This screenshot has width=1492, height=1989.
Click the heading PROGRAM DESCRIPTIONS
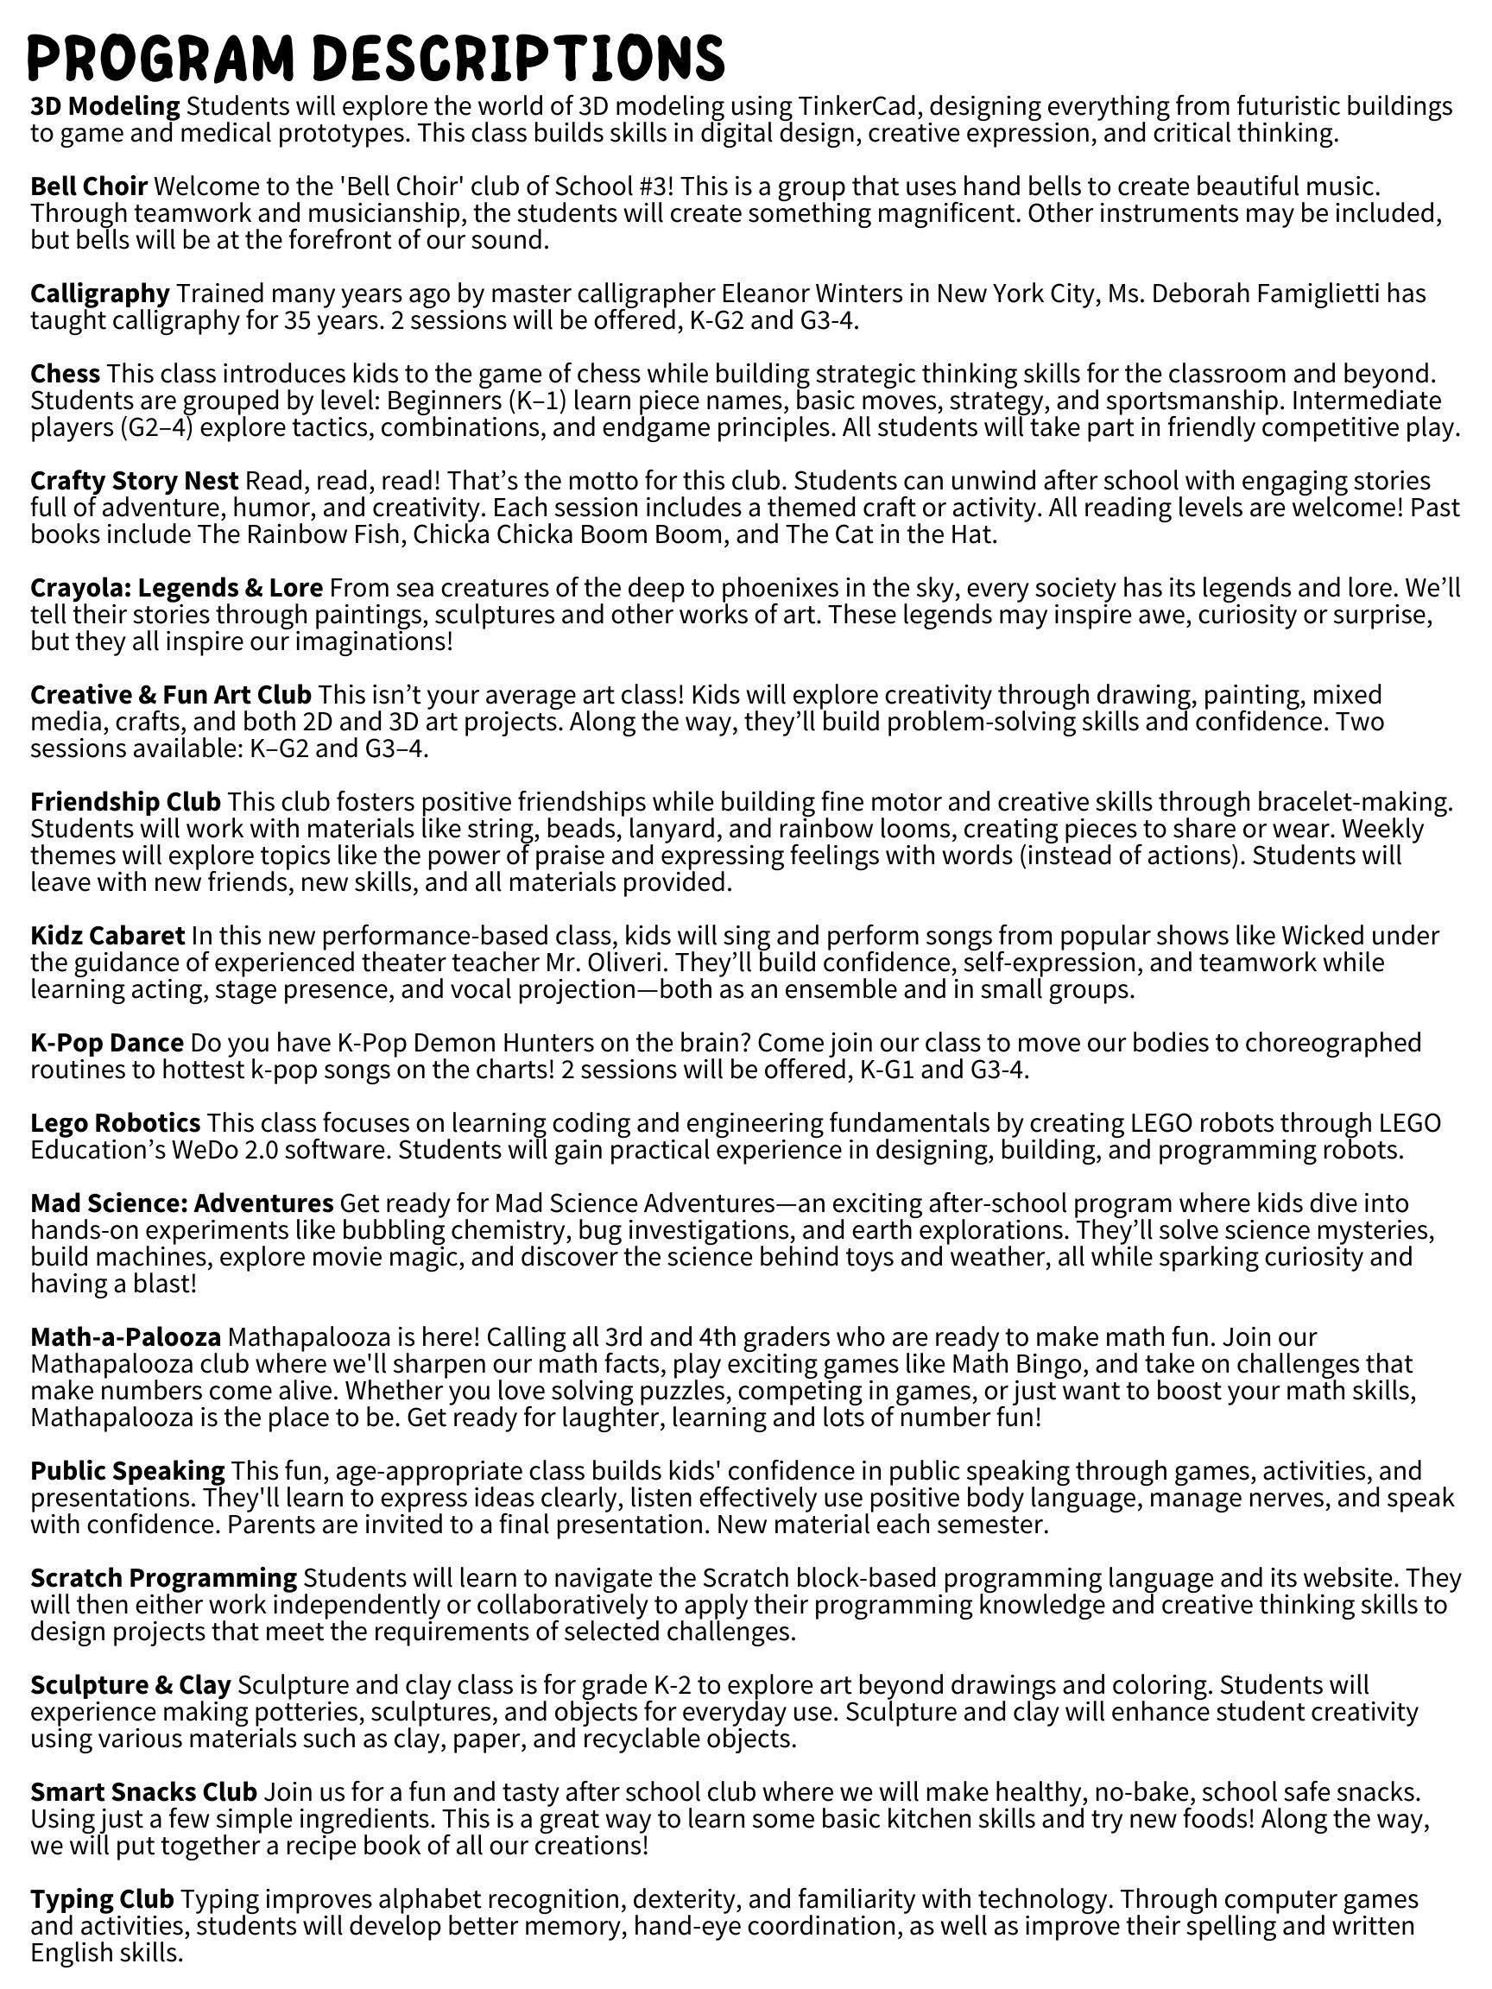coord(376,60)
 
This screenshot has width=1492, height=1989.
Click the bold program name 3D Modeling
coord(105,106)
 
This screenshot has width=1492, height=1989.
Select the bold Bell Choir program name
coord(89,187)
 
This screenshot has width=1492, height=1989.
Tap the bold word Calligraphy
coord(100,294)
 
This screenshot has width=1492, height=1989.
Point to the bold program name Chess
coord(65,374)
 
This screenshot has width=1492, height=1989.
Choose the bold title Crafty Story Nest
coord(134,481)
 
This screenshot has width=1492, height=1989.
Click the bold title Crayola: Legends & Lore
coord(176,588)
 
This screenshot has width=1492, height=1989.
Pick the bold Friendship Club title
coord(125,802)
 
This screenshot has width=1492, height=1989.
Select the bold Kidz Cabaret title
coord(108,936)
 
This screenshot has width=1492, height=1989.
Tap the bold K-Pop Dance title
coord(107,1043)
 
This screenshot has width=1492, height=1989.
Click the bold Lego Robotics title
coord(115,1123)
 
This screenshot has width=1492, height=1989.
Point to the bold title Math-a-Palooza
coord(126,1337)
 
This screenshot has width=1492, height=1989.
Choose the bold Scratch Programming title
coord(164,1578)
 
